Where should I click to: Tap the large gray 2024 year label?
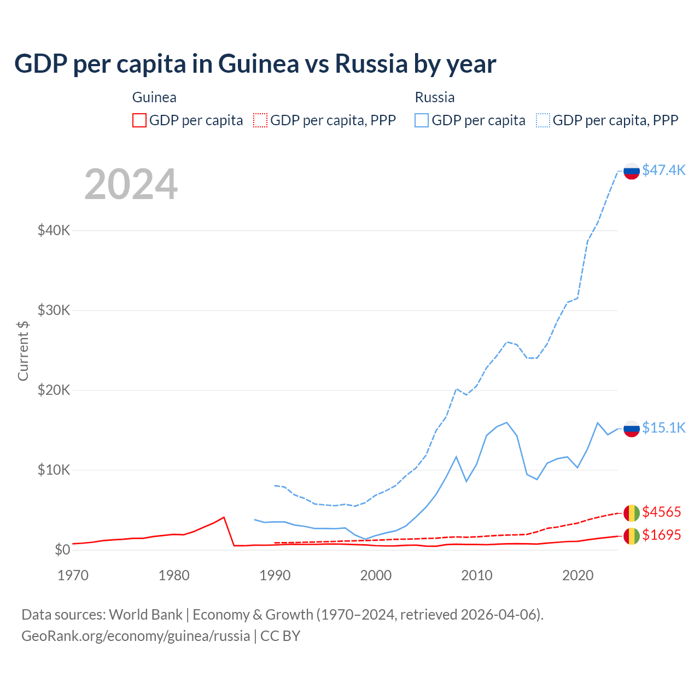point(131,184)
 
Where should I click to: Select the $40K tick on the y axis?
point(54,230)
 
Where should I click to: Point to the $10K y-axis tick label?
point(54,470)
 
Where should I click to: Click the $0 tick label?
point(62,550)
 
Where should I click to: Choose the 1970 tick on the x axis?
point(73,575)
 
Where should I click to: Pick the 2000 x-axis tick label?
point(376,575)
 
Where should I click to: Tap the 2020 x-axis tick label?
point(577,575)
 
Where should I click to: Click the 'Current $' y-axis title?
point(23,351)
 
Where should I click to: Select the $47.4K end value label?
point(663,170)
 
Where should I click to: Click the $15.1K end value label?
point(663,428)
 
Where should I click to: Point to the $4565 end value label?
point(661,512)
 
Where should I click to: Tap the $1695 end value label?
point(661,535)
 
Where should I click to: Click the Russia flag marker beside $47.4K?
point(632,171)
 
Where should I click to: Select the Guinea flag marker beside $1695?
point(632,536)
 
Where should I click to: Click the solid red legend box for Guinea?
point(139,120)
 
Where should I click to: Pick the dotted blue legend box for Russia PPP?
point(543,120)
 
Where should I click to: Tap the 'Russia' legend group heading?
point(435,97)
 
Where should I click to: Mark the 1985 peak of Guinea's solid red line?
point(224,517)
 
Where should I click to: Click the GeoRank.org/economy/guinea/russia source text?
point(136,636)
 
